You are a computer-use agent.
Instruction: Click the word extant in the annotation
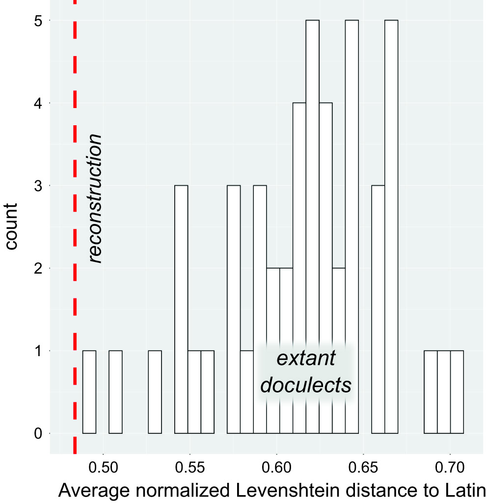pyautogui.click(x=305, y=359)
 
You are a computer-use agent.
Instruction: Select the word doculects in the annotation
pyautogui.click(x=305, y=385)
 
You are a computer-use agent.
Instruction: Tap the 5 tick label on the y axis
pyautogui.click(x=39, y=21)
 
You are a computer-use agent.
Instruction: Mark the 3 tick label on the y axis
pyautogui.click(x=39, y=186)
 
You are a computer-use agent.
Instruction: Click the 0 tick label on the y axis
pyautogui.click(x=39, y=434)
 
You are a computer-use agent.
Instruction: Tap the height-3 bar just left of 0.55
pyautogui.click(x=181, y=309)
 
